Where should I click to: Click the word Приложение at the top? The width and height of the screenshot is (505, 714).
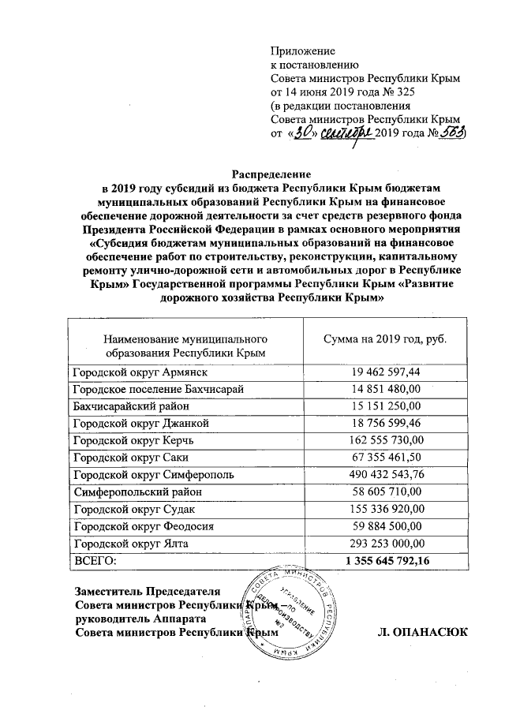[303, 50]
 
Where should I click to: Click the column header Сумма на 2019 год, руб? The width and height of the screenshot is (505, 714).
[386, 338]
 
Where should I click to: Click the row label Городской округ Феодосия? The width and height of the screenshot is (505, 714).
[143, 526]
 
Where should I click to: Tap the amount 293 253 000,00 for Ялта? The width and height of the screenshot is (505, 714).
[386, 544]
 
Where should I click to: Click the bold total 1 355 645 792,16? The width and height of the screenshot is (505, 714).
[386, 560]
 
